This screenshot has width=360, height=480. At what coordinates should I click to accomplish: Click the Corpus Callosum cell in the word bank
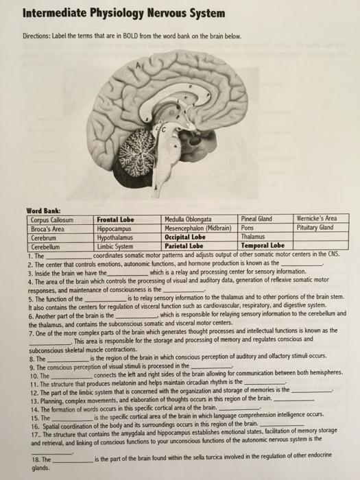click(x=53, y=219)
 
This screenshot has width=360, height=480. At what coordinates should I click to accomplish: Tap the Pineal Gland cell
click(x=256, y=219)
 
